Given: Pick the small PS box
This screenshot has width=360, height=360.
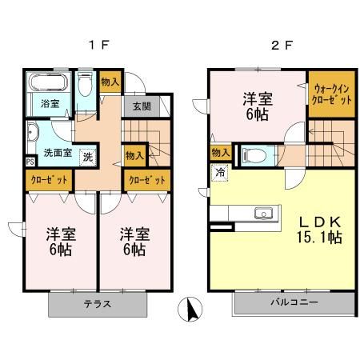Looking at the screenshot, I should point(30,162).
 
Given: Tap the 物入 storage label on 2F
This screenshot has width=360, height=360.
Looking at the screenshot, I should point(221,152).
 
